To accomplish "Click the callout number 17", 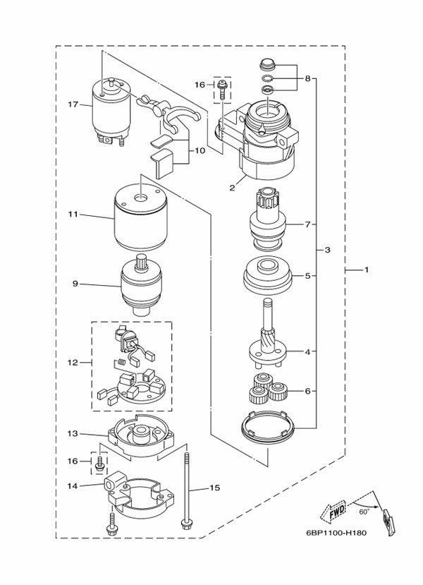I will click(x=72, y=105).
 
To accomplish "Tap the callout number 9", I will click(x=75, y=284).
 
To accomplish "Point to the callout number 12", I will click(x=72, y=363).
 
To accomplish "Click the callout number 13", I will click(x=72, y=433).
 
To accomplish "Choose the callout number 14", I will click(x=72, y=486).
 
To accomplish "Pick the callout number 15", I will click(x=215, y=487).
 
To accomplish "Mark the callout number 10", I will click(x=200, y=150).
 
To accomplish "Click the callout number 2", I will click(x=231, y=188).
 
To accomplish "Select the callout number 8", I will click(x=307, y=79).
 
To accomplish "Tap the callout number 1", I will click(x=366, y=270).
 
